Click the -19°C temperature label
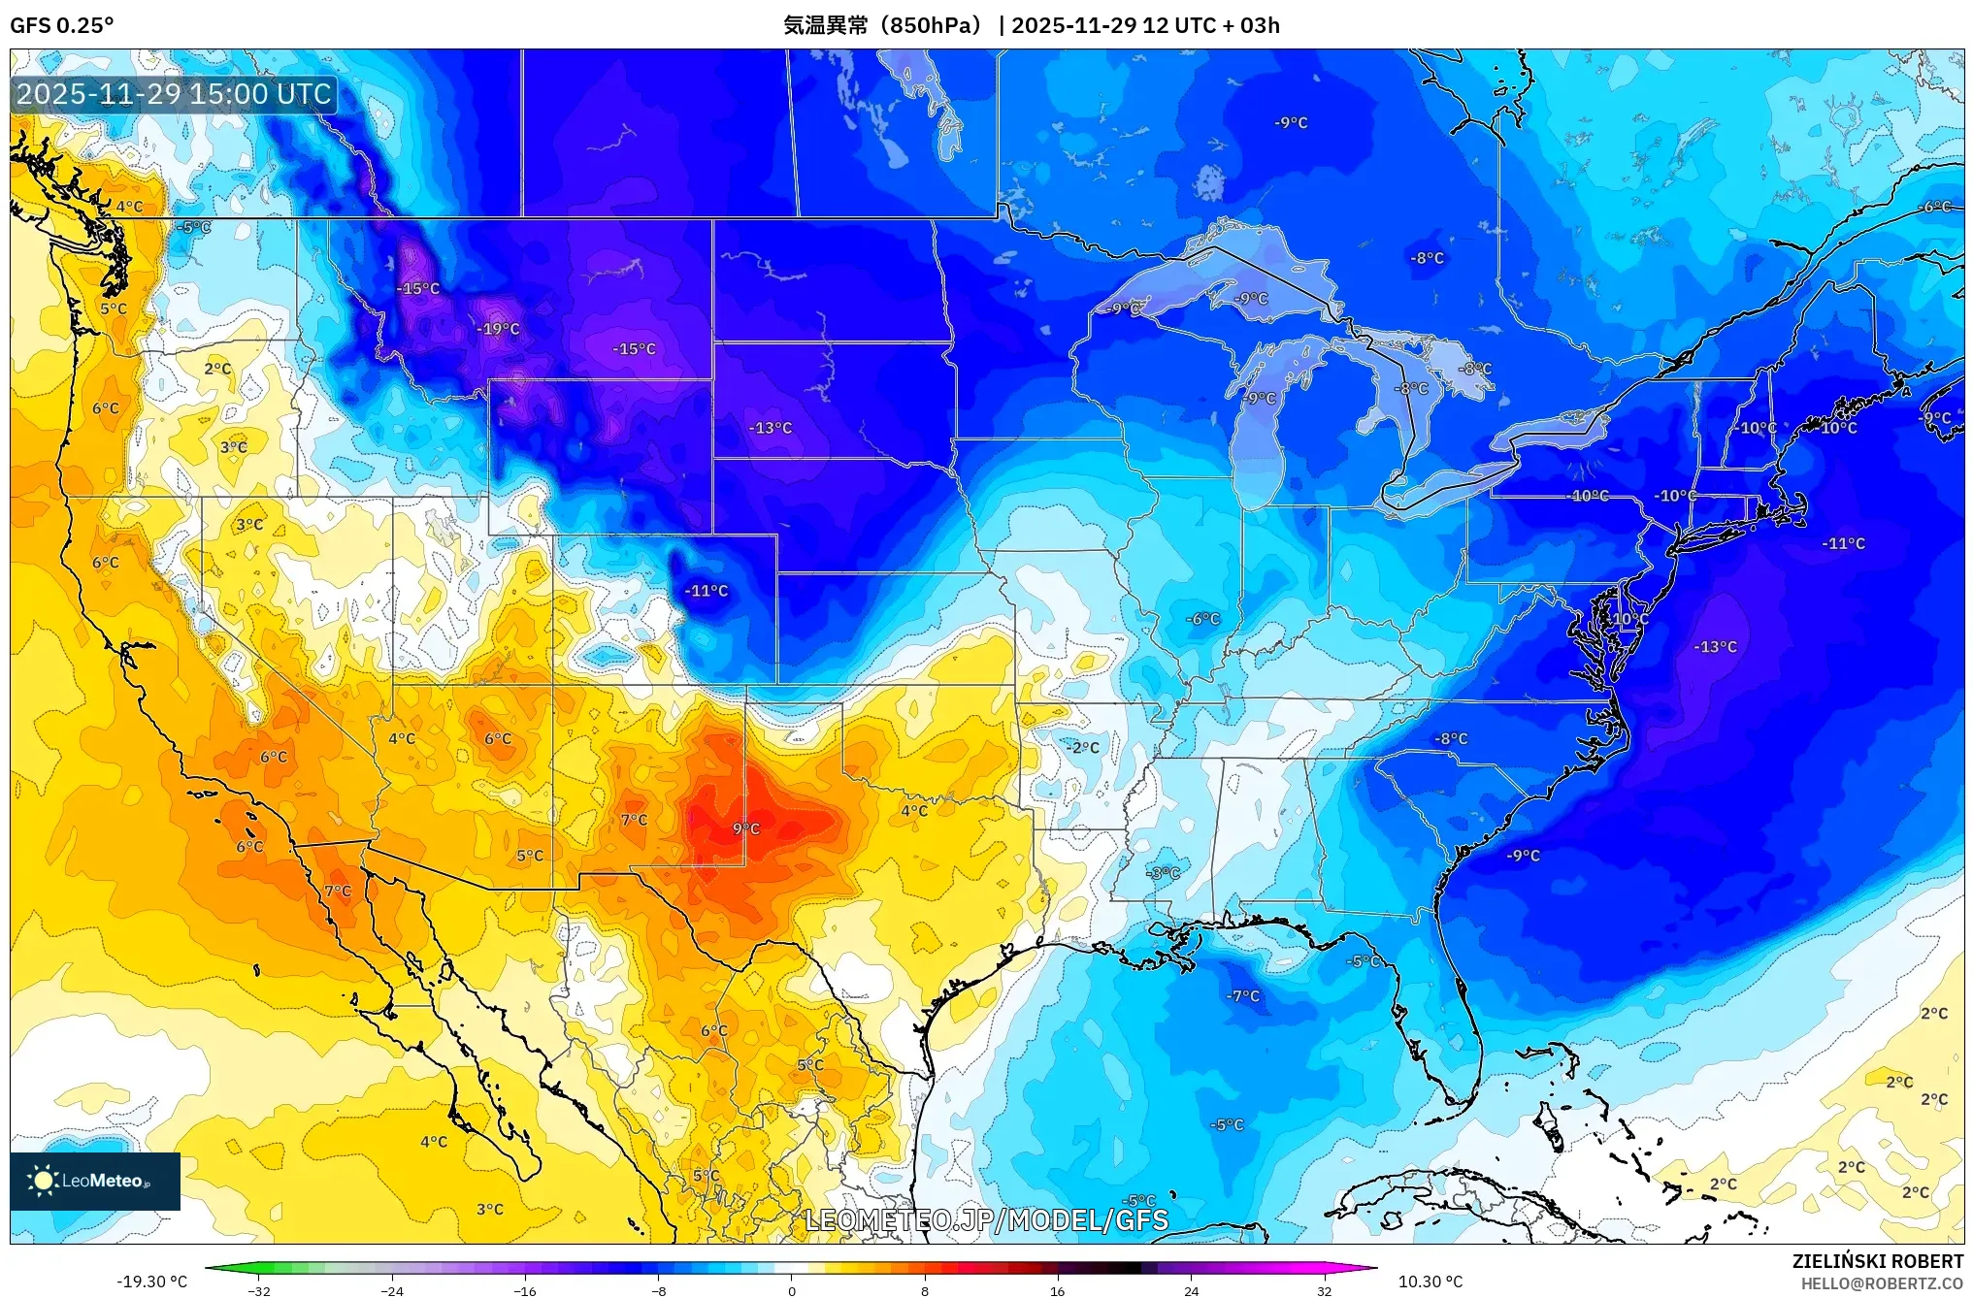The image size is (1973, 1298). (x=498, y=329)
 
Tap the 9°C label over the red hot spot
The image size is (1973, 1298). (x=746, y=828)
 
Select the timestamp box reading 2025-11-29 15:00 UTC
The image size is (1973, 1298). (x=175, y=94)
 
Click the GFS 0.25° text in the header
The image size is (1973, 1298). (x=61, y=25)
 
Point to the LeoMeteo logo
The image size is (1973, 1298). (x=95, y=1181)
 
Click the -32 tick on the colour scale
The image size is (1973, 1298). (x=259, y=1291)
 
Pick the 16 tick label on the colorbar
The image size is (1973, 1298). (x=1057, y=1291)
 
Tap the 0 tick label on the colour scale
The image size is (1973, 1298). (x=792, y=1291)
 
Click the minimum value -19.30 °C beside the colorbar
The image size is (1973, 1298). (x=152, y=1282)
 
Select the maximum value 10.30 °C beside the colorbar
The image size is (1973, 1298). (x=1430, y=1282)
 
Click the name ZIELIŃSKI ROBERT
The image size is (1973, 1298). (x=1877, y=1261)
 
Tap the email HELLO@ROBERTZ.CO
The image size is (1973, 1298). (x=1882, y=1283)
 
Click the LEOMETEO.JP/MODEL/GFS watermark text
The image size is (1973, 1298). (x=987, y=1219)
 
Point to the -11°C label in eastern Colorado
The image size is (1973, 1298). (x=706, y=591)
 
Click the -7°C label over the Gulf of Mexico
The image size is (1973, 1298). (x=1242, y=996)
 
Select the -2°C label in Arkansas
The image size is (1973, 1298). (x=1083, y=747)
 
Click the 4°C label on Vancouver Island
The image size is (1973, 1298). (x=129, y=207)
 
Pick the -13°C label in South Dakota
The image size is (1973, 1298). (x=771, y=428)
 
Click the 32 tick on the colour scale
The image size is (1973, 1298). (x=1324, y=1291)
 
